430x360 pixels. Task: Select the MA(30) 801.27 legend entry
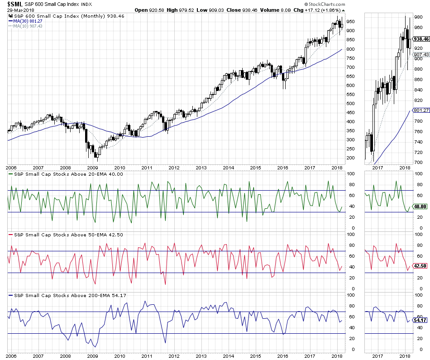click(25, 20)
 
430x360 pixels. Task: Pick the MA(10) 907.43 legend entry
click(25, 26)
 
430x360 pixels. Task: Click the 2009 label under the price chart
click(92, 167)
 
